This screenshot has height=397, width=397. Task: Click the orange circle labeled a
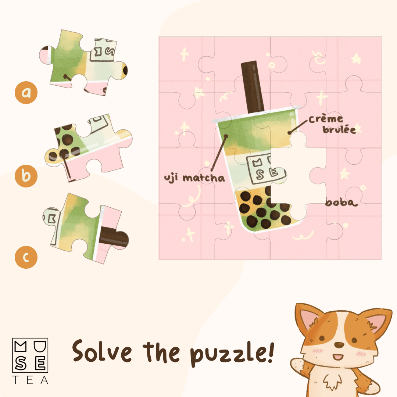26,93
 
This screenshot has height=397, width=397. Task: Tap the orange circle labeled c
26,257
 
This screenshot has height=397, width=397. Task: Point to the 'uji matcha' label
194,178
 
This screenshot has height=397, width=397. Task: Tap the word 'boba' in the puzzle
341,202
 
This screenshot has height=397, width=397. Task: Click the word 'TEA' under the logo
30,380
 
